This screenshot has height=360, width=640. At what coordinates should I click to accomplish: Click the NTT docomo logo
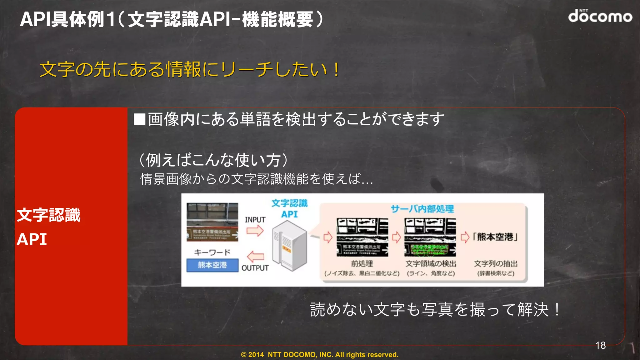tap(600, 16)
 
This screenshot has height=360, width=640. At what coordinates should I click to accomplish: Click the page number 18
tap(600, 345)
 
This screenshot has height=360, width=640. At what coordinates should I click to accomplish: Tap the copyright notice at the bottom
tap(319, 355)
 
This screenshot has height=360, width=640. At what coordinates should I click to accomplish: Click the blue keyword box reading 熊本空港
tap(212, 265)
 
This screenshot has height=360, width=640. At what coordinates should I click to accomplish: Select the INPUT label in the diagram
tap(255, 220)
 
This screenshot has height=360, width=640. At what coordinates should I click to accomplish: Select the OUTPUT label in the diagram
tap(255, 268)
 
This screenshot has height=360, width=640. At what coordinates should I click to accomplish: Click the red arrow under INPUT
tap(255, 231)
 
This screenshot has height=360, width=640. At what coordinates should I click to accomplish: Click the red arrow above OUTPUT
tap(256, 257)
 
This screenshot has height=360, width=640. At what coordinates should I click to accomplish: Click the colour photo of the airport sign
tap(212, 222)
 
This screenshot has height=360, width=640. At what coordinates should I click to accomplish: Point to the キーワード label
tap(212, 252)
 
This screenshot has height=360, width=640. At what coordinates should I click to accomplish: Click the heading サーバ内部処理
tap(422, 209)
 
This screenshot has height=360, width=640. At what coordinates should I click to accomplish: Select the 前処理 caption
tap(362, 263)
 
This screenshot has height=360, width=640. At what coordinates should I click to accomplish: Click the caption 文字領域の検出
tap(431, 263)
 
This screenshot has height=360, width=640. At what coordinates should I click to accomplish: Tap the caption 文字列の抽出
tap(496, 263)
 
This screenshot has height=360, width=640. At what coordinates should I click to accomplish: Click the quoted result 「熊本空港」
tap(495, 237)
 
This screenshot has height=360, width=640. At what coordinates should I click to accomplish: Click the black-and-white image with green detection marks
tap(430, 237)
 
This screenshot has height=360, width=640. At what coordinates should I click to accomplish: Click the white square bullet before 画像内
tap(139, 119)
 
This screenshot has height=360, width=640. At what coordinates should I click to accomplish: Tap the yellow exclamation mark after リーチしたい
tap(336, 69)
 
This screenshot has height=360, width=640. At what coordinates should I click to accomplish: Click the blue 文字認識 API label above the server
tap(289, 208)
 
